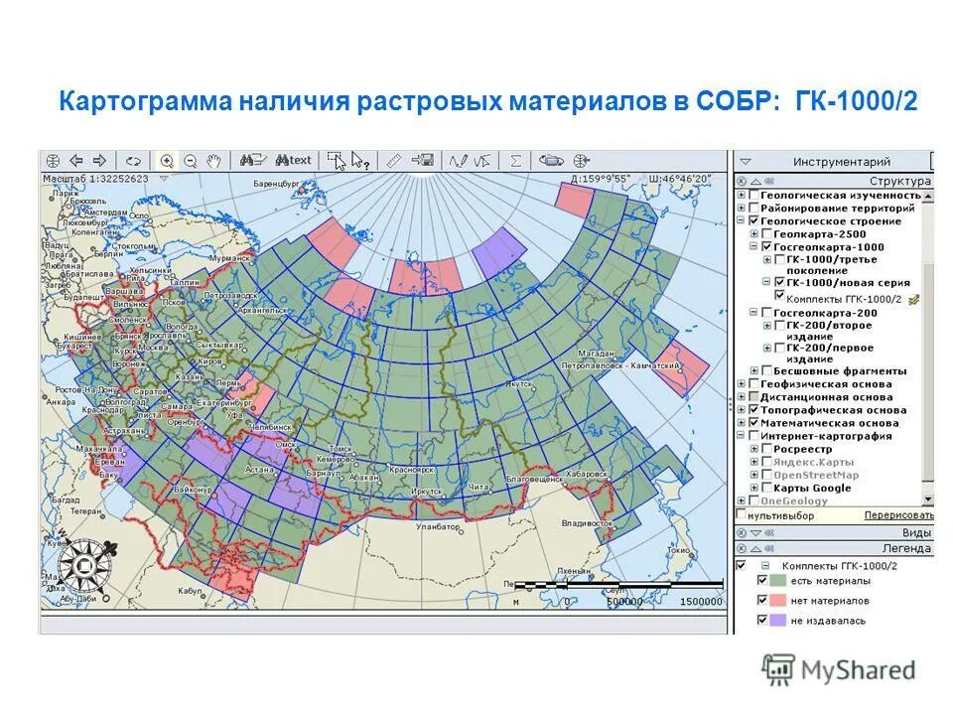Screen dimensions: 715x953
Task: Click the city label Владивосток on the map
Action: point(586,522)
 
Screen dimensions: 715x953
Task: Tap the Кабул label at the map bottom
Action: point(191,590)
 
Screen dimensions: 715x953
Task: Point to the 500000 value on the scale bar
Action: point(623,602)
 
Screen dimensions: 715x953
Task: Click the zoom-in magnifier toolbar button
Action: point(167,160)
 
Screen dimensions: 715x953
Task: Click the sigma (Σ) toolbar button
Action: point(515,160)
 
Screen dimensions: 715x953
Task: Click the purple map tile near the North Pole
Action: point(499,252)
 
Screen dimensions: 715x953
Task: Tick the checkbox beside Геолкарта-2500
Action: point(766,234)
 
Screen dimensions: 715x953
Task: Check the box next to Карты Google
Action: point(766,488)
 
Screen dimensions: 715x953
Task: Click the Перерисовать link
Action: point(897,515)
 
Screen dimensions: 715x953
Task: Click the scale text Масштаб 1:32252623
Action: point(94,179)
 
